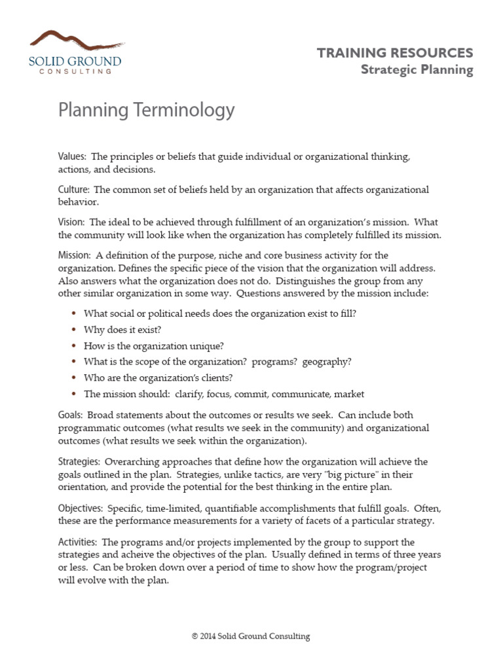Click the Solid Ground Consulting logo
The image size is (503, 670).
(75, 52)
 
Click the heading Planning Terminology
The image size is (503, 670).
(146, 110)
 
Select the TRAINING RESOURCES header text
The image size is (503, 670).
(395, 53)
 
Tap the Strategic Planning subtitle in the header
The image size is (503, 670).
(417, 70)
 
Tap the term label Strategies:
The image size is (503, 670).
(79, 461)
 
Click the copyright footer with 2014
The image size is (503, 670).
(251, 636)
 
